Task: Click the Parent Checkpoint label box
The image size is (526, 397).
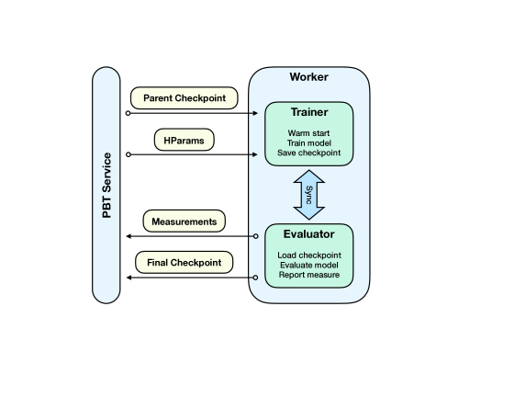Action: pyautogui.click(x=185, y=98)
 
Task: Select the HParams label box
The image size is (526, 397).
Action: pyautogui.click(x=185, y=140)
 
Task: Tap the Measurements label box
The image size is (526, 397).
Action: pyautogui.click(x=185, y=221)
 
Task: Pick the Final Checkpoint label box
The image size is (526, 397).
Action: pyautogui.click(x=185, y=262)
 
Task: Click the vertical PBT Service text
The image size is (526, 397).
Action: pyautogui.click(x=106, y=186)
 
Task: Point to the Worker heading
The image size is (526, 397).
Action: pyautogui.click(x=309, y=77)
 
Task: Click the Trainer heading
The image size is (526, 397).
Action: pyautogui.click(x=309, y=112)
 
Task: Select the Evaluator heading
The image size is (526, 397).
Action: pyautogui.click(x=309, y=234)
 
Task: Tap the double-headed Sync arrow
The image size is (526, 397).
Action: pyautogui.click(x=309, y=195)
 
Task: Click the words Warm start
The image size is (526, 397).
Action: pyautogui.click(x=308, y=133)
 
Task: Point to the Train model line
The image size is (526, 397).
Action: pyautogui.click(x=309, y=143)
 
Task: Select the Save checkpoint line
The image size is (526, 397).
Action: pyautogui.click(x=309, y=153)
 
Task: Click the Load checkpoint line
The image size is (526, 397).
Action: pyautogui.click(x=309, y=255)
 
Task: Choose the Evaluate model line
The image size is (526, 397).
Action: pyautogui.click(x=309, y=265)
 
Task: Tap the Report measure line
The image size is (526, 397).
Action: pyautogui.click(x=309, y=275)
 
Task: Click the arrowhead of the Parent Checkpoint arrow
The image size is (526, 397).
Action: pyautogui.click(x=255, y=113)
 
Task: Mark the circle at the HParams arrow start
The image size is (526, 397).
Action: pyautogui.click(x=129, y=154)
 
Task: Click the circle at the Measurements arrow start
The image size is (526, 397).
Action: pyautogui.click(x=255, y=236)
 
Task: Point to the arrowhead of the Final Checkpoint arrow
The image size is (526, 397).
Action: pyautogui.click(x=129, y=278)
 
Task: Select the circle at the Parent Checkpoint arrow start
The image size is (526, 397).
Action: pyautogui.click(x=128, y=113)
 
